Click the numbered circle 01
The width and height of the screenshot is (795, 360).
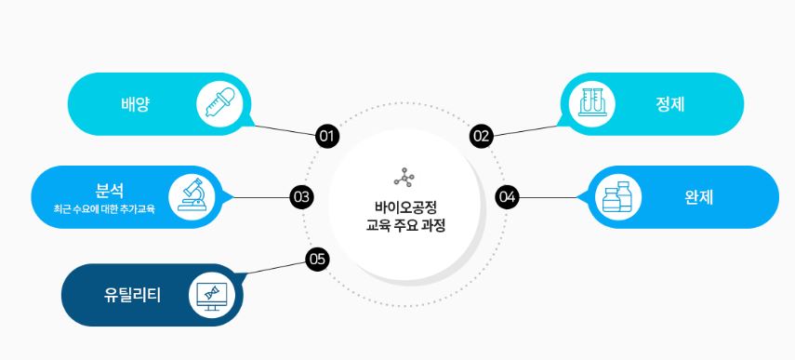[326, 136]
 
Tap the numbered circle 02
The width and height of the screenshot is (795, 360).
[481, 136]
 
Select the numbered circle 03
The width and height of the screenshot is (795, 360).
[300, 197]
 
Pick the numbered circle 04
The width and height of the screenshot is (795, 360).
[507, 197]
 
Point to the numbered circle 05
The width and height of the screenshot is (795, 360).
[317, 259]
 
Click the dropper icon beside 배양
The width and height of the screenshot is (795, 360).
[218, 103]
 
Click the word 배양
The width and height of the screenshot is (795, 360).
[136, 104]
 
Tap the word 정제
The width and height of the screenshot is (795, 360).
[669, 104]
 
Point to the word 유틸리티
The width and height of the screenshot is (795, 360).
[133, 296]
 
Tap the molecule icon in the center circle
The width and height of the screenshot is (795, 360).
[404, 177]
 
